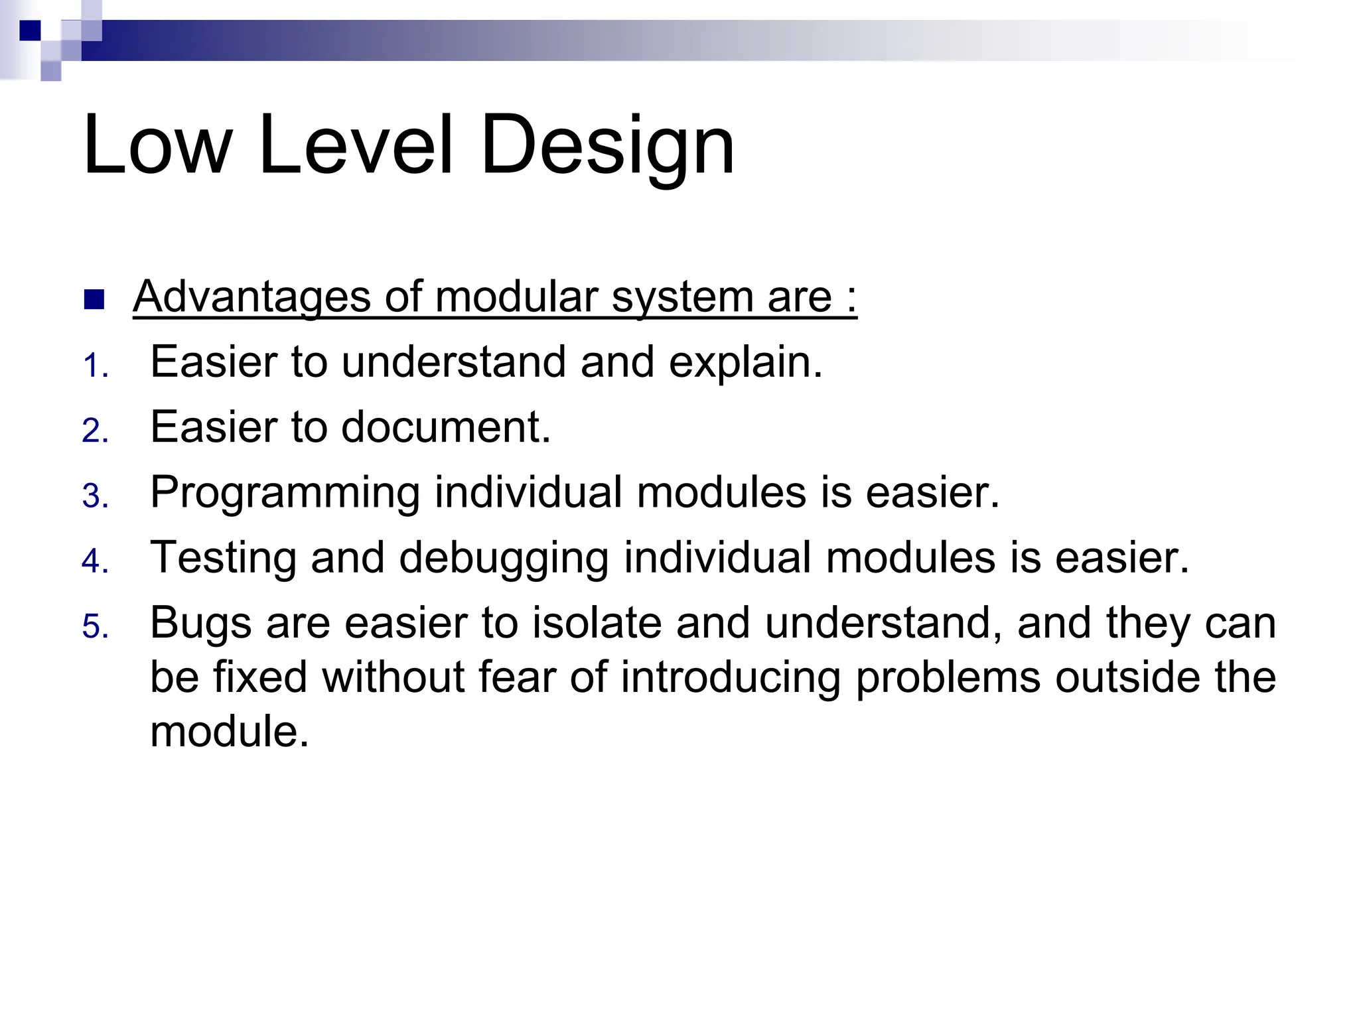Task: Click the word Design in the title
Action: tap(607, 146)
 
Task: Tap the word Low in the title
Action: tap(158, 146)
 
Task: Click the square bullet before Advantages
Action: tap(95, 300)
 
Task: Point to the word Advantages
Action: tap(251, 297)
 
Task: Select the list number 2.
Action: tap(95, 432)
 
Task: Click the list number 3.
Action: tap(95, 497)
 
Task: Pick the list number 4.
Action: tap(95, 562)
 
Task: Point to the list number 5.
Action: tap(95, 628)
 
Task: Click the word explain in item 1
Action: tap(745, 363)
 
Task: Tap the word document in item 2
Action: tap(445, 427)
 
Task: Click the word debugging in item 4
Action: tap(504, 559)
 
